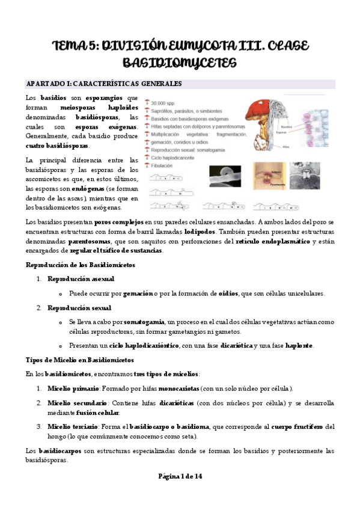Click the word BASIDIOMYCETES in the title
click(x=180, y=62)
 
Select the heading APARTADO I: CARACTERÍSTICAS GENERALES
click(x=104, y=84)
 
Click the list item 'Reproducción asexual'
click(x=81, y=279)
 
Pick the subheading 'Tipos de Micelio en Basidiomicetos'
click(x=80, y=360)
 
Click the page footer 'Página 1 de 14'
click(x=180, y=476)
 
